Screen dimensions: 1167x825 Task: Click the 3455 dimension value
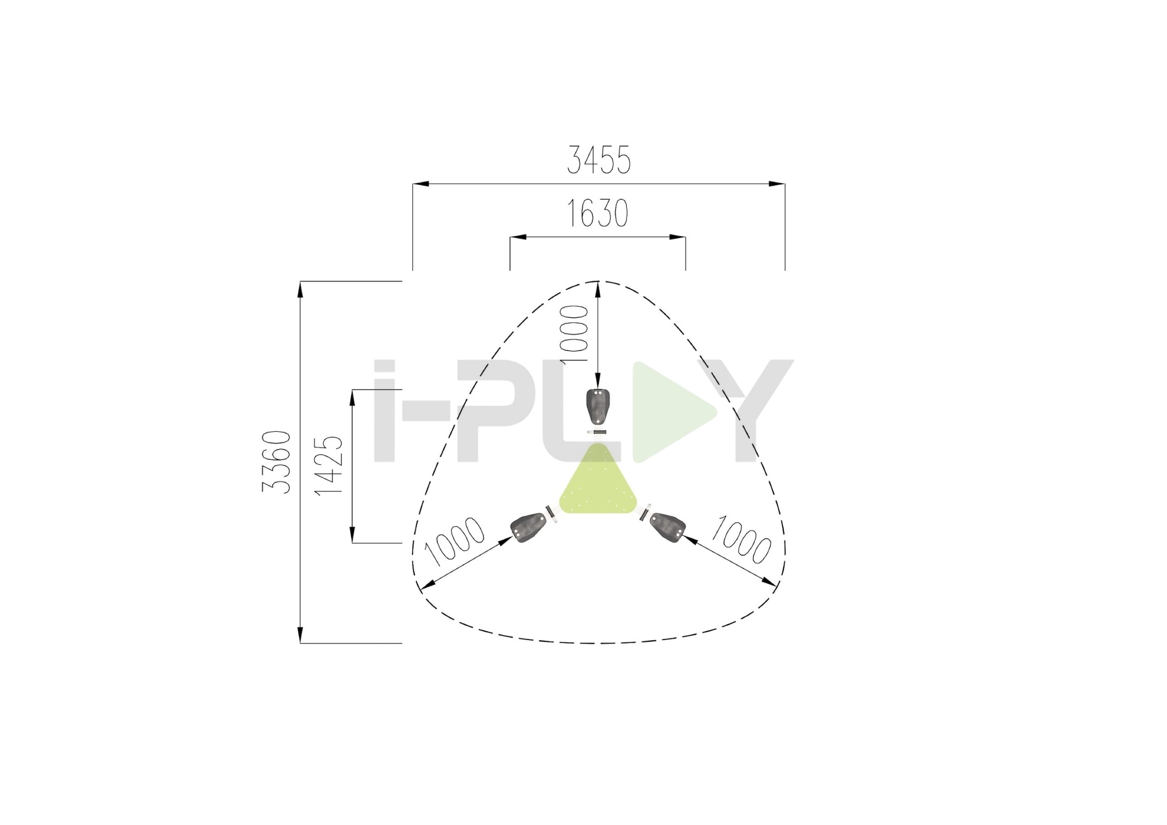(x=598, y=160)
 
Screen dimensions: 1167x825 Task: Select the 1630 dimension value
(x=597, y=213)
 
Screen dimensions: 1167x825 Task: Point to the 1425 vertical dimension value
(x=328, y=464)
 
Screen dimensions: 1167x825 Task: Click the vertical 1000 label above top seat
(x=573, y=334)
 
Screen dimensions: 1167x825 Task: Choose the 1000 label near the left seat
(x=454, y=541)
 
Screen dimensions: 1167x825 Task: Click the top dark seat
(x=598, y=407)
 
